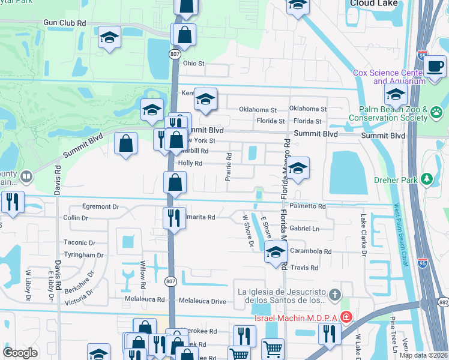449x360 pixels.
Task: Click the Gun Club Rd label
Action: pyautogui.click(x=65, y=23)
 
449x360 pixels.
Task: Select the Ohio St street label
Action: pyautogui.click(x=194, y=63)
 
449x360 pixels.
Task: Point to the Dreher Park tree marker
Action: pyautogui.click(x=427, y=178)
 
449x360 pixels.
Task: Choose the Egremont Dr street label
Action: pyautogui.click(x=100, y=206)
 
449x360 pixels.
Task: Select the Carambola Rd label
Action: pyautogui.click(x=311, y=251)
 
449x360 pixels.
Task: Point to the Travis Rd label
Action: pyautogui.click(x=306, y=268)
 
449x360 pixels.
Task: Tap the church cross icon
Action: pyautogui.click(x=335, y=295)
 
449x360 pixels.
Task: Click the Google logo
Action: pyautogui.click(x=20, y=353)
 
